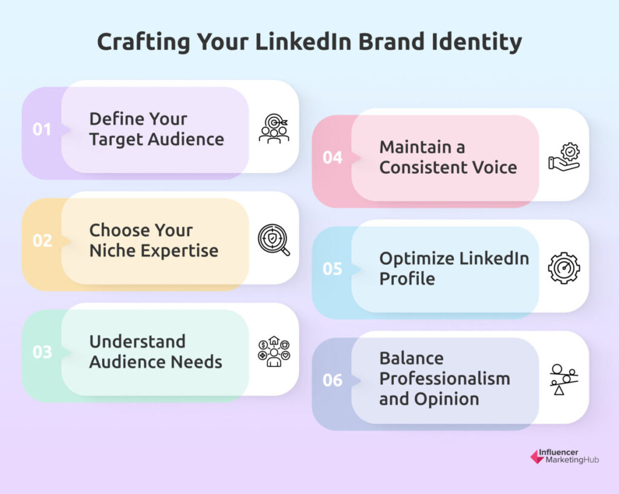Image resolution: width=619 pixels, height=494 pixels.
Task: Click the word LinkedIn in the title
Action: (x=303, y=42)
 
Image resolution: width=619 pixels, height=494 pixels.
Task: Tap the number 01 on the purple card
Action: (x=42, y=130)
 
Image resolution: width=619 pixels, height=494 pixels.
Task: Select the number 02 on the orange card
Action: (x=42, y=241)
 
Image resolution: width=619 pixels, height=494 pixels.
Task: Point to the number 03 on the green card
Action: (x=42, y=352)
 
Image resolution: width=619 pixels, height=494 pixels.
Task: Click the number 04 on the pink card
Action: (x=332, y=157)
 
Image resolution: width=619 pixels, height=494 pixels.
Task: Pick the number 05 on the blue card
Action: (x=332, y=269)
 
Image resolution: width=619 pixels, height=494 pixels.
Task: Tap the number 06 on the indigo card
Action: (x=332, y=381)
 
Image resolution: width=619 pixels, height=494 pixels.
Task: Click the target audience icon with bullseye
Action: (x=274, y=129)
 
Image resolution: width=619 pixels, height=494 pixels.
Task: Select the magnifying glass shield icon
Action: (x=274, y=240)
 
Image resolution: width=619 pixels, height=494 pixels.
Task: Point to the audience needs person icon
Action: (x=274, y=351)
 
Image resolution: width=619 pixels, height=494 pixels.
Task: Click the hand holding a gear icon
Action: (x=564, y=157)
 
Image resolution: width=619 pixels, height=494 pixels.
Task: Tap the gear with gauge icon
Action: (x=564, y=268)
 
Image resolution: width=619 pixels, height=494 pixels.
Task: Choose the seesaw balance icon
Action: (x=564, y=380)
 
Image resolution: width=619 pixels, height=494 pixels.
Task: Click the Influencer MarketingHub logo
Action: (x=565, y=456)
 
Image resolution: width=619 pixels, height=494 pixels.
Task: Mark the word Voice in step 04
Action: (x=494, y=168)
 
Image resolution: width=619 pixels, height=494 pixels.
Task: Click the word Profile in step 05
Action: (x=407, y=279)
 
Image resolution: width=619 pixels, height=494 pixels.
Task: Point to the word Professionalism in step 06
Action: (x=445, y=379)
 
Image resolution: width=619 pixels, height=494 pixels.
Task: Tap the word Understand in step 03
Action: (x=137, y=342)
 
